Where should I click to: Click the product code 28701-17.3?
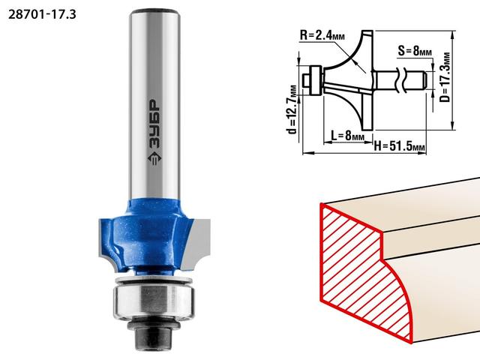(42, 14)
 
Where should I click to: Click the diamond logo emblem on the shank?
(154, 158)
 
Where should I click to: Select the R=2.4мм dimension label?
(322, 35)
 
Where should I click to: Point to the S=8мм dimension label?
(415, 50)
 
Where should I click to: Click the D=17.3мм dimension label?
(445, 77)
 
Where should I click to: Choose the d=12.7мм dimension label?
(292, 109)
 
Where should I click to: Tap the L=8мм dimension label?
(348, 135)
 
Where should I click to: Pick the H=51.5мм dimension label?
(400, 147)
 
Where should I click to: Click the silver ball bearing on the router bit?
(154, 301)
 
